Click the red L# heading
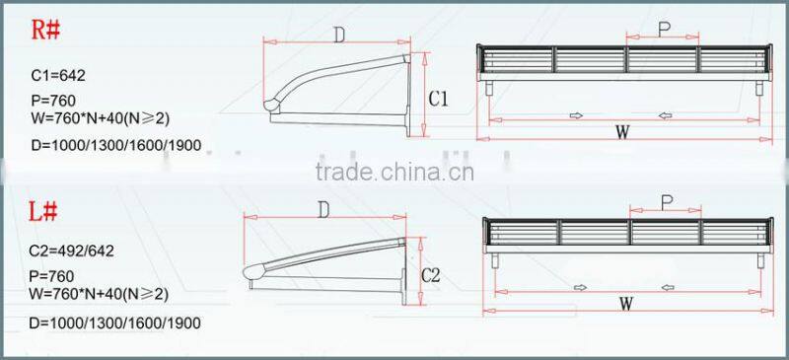[46, 211]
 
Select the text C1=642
[58, 75]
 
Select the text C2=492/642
[72, 252]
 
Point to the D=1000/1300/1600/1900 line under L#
[116, 323]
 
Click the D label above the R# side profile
[337, 36]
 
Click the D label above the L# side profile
[323, 210]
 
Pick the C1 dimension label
[439, 99]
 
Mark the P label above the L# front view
[667, 202]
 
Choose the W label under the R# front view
[621, 133]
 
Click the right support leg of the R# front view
[757, 89]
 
